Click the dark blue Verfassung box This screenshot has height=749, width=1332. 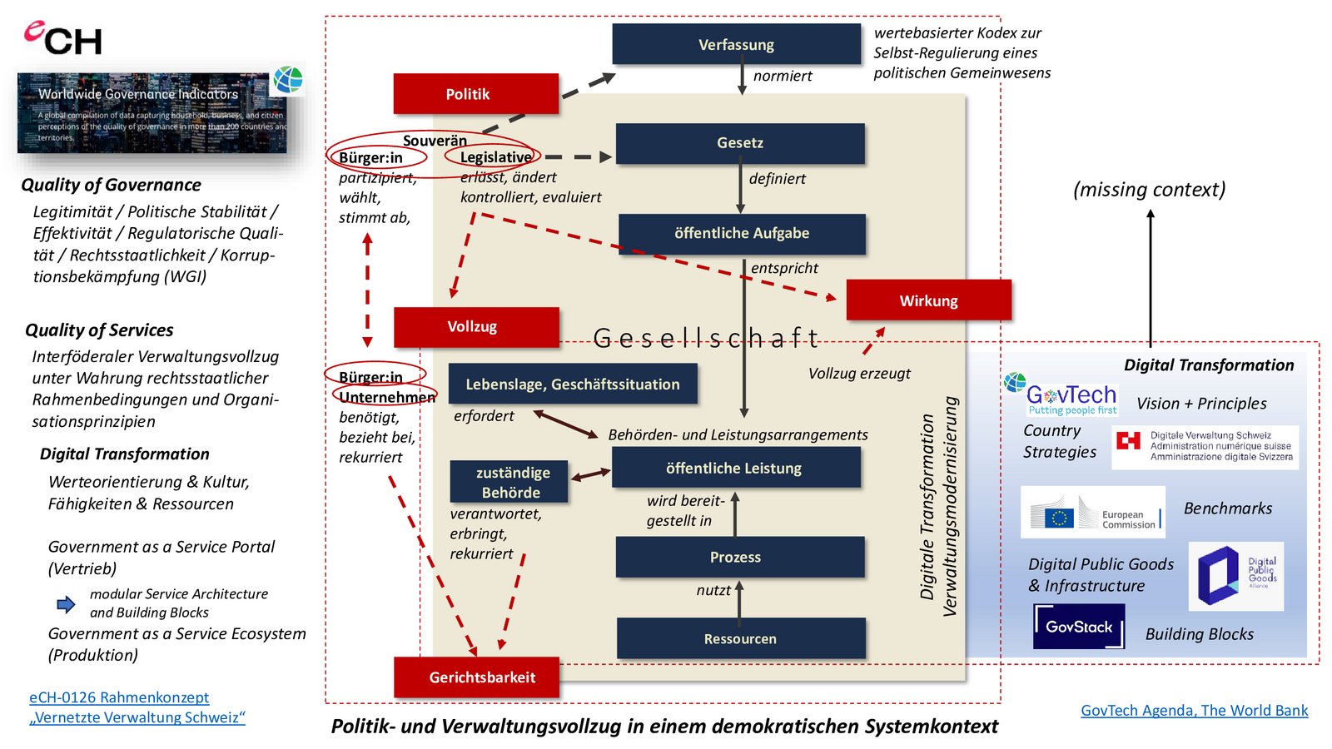[x=736, y=44]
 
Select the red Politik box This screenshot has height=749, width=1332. [x=475, y=94]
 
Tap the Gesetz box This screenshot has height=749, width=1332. [x=740, y=143]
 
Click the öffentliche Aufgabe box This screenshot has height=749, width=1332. [x=742, y=234]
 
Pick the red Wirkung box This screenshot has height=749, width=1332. [x=928, y=300]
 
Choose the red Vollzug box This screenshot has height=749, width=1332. [x=476, y=327]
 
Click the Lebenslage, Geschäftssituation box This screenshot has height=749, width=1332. [x=573, y=384]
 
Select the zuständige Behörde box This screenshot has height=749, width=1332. [x=509, y=482]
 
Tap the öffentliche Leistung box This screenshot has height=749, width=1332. [x=736, y=469]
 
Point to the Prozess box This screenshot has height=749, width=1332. [x=739, y=558]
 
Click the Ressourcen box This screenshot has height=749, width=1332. [x=741, y=639]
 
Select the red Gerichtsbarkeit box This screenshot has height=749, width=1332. [x=476, y=677]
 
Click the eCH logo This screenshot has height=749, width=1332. [x=63, y=38]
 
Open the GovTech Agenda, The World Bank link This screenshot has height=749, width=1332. [x=1194, y=711]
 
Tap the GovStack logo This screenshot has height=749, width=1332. [x=1079, y=627]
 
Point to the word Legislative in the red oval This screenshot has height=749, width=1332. [x=495, y=157]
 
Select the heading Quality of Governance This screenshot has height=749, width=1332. [x=112, y=185]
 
